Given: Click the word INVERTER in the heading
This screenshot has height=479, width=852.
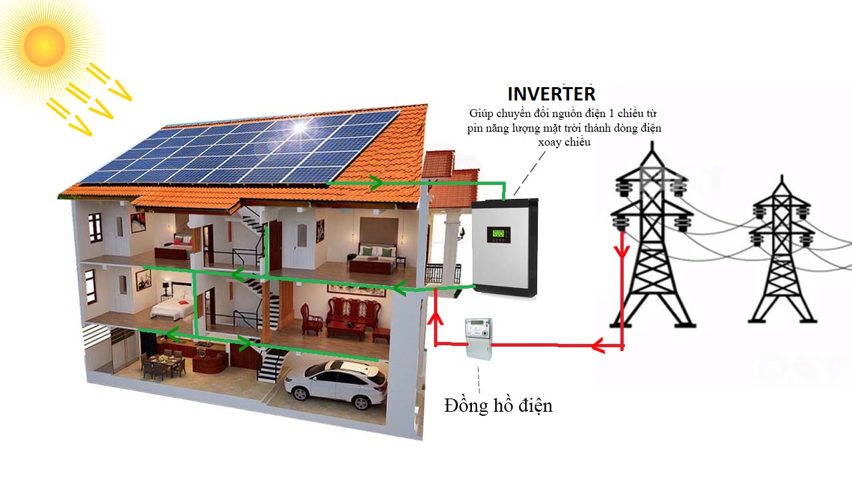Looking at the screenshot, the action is (551, 94).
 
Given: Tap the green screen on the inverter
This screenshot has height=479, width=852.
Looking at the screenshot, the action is (499, 233).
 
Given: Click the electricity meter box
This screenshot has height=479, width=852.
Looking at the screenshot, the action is (479, 339).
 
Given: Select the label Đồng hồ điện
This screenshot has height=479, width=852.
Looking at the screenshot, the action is (499, 405).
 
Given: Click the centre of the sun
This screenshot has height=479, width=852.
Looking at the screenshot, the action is (45, 46).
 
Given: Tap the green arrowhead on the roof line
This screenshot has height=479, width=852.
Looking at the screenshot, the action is (377, 183).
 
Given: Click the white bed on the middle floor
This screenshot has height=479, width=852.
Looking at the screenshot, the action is (172, 308).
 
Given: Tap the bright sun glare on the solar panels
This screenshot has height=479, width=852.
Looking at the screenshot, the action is (300, 126).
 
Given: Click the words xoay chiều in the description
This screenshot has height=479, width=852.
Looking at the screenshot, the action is (564, 142).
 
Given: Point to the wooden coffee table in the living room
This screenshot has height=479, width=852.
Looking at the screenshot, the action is (347, 329).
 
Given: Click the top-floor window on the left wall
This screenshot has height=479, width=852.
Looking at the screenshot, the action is (95, 227).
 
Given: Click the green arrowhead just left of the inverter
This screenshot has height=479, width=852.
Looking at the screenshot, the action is (399, 288).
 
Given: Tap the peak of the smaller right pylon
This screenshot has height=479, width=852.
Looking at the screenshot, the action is (782, 176).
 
